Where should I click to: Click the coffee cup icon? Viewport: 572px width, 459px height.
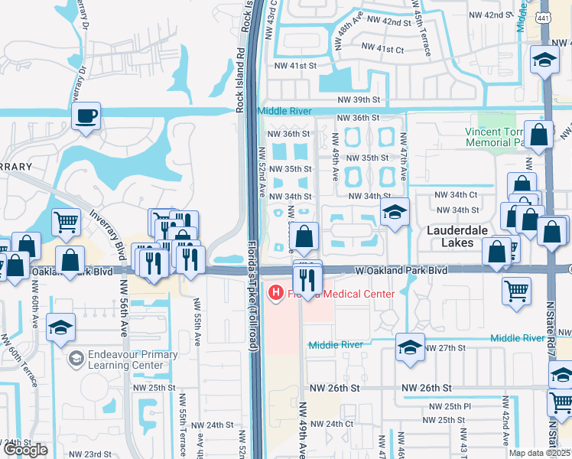(86, 117)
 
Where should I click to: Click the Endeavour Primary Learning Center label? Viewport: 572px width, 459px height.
(132, 360)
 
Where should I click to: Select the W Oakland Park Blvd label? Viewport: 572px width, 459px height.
(401, 270)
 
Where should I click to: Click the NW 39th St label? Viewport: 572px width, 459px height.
(360, 100)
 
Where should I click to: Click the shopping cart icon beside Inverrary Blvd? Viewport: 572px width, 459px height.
(66, 221)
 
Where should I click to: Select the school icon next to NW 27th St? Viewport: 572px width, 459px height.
(410, 347)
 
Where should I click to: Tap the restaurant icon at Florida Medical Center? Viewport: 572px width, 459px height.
(307, 279)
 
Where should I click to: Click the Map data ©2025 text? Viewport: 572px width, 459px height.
(540, 453)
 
